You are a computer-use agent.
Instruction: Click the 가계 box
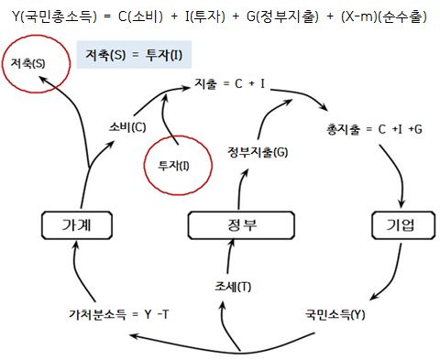(77, 225)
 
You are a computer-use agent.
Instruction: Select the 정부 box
(241, 225)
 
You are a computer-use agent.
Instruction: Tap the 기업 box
(403, 225)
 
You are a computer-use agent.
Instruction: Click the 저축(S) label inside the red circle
(27, 63)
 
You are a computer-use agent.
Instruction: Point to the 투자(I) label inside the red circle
(173, 166)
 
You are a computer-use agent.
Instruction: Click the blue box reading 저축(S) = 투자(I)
(134, 55)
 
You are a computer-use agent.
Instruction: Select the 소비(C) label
(127, 127)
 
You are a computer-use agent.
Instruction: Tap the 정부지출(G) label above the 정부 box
(258, 152)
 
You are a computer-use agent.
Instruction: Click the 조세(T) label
(233, 287)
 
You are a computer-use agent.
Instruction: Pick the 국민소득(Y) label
(335, 314)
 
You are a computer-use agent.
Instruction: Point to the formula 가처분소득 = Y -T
(119, 314)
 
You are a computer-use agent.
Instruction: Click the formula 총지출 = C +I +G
(374, 129)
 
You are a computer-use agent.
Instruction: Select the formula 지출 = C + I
(230, 83)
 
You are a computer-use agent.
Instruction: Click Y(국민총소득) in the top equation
(54, 16)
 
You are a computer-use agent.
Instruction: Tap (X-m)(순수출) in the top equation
(384, 16)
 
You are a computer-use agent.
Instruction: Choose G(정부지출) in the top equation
(282, 16)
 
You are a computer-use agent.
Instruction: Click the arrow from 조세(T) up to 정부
(230, 256)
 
